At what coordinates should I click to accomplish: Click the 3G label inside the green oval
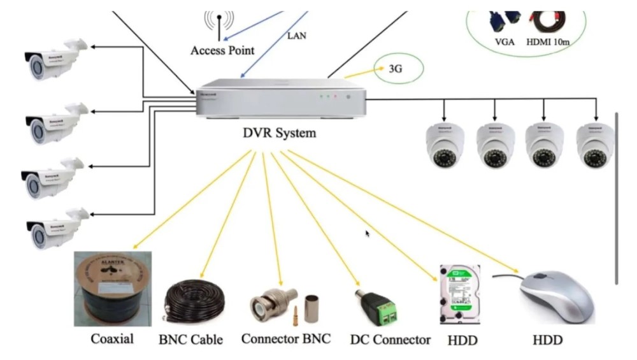point(395,71)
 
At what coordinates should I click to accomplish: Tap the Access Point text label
point(222,50)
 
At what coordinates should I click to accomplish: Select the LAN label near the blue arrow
point(296,36)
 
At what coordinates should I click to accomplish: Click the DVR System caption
point(280,133)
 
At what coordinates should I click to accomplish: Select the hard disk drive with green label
point(459,294)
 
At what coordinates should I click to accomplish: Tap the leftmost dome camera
point(445,145)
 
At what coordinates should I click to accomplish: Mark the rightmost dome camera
point(595,145)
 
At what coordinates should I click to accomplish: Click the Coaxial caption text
point(112,338)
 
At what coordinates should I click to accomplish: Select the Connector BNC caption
point(286,338)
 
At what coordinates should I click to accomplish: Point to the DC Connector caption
point(390,340)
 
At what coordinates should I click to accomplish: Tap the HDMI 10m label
point(548,42)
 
